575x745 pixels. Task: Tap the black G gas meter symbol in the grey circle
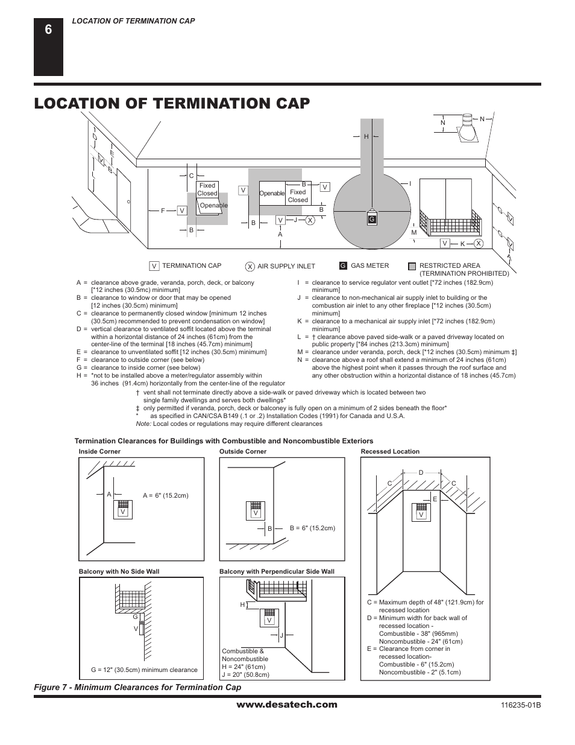372,219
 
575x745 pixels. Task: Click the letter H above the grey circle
366,137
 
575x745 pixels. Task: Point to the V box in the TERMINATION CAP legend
154,266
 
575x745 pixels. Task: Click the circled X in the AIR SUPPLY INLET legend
250,267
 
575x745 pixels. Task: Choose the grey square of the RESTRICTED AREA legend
412,266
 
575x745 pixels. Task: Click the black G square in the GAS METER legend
343,266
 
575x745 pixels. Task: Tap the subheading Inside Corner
99,451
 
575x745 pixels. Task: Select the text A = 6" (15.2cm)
165,495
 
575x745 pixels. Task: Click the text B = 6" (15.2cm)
312,528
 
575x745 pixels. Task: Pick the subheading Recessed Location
390,451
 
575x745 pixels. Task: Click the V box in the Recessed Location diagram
421,515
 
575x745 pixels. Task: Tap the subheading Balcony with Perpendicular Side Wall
277,571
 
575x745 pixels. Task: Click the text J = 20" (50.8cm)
246,674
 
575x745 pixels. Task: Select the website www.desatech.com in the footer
287,705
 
